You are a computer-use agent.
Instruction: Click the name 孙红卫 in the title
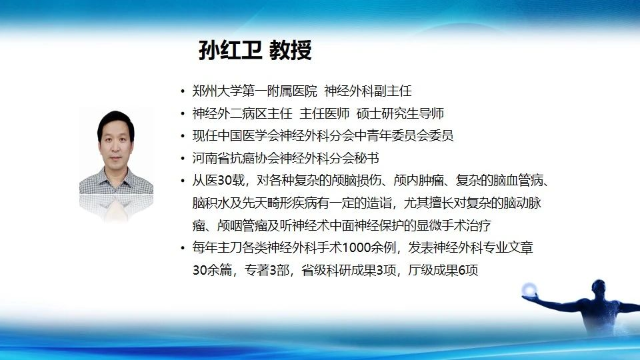tap(230, 50)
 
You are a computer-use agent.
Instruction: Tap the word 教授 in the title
tap(291, 50)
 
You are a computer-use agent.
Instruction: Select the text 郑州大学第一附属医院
tap(255, 91)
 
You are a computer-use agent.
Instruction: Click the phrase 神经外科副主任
tap(368, 91)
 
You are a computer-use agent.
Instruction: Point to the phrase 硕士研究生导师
tap(400, 113)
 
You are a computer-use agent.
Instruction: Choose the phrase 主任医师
tap(325, 113)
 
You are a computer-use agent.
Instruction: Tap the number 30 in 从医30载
tap(225, 181)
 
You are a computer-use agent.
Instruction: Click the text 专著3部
tap(267, 270)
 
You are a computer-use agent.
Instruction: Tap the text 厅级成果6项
tap(443, 270)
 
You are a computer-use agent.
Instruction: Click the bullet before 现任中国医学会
tap(183, 136)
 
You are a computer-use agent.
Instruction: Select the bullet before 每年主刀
tap(183, 248)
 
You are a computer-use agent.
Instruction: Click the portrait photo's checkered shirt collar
tap(116, 179)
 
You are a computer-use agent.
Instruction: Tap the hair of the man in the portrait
tap(116, 121)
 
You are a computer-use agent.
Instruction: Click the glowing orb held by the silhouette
tap(529, 289)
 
